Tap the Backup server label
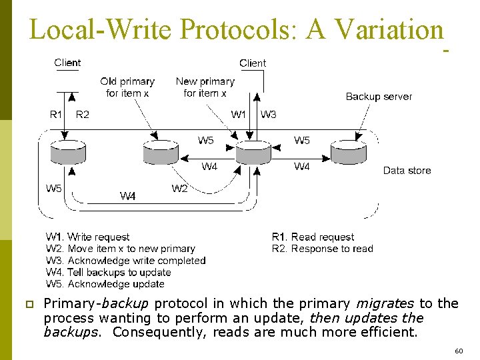pyautogui.click(x=379, y=97)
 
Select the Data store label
pyautogui.click(x=407, y=171)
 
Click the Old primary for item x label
pyautogui.click(x=127, y=87)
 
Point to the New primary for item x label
pyautogui.click(x=205, y=87)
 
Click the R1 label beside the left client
pyautogui.click(x=57, y=115)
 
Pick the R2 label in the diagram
pyautogui.click(x=83, y=115)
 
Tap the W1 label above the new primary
pyautogui.click(x=239, y=115)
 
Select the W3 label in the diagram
pyautogui.click(x=269, y=115)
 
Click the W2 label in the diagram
pyautogui.click(x=179, y=189)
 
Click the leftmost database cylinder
pyautogui.click(x=68, y=153)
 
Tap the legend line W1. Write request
pyautogui.click(x=87, y=237)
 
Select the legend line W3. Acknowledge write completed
pyautogui.click(x=125, y=261)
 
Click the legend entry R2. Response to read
pyautogui.click(x=322, y=249)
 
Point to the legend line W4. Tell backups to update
pyautogui.click(x=108, y=273)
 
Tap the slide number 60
pyautogui.click(x=458, y=351)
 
